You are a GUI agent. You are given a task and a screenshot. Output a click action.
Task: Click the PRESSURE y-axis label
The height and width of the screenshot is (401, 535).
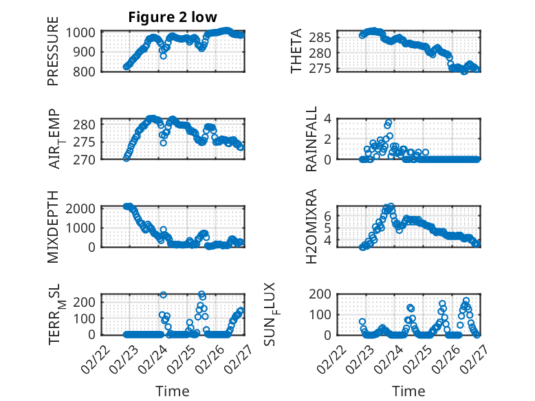[53, 56]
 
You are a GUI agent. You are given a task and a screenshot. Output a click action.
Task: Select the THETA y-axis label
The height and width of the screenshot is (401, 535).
[296, 52]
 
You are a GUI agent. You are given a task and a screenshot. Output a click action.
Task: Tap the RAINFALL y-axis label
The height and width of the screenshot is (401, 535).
[312, 139]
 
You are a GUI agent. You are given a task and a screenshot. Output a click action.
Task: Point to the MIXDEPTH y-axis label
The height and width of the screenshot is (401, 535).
[53, 226]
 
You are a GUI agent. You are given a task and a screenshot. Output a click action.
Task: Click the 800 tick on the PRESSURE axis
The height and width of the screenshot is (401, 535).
[87, 71]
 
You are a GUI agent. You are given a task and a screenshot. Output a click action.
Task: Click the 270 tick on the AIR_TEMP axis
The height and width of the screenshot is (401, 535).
[87, 159]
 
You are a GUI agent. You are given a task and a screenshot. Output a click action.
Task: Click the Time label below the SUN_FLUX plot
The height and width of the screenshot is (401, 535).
[408, 391]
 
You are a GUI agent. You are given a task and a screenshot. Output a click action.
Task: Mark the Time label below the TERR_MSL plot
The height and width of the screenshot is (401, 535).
[173, 391]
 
